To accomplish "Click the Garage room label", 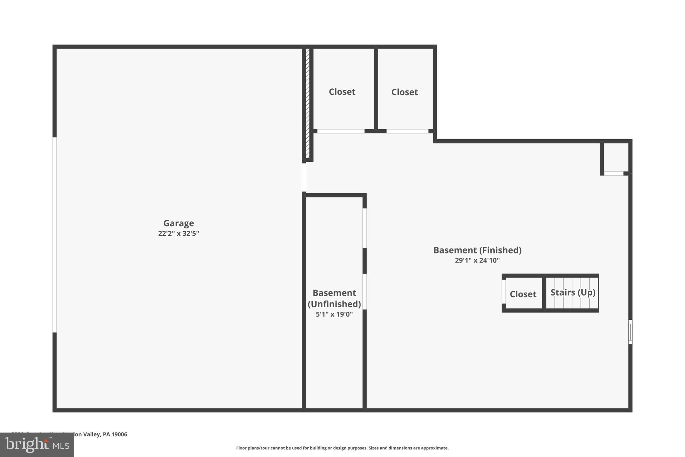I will [178, 223].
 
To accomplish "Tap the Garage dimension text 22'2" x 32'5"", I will [178, 234].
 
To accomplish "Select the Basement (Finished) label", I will [477, 250].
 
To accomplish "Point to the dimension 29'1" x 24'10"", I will [477, 260].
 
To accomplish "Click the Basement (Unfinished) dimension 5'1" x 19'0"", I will [334, 314].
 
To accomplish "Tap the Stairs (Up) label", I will [573, 292].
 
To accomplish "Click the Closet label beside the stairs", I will [523, 294].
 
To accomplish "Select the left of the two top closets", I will [342, 92].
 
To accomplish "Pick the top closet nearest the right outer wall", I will [404, 92].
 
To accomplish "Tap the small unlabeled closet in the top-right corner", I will [615, 157].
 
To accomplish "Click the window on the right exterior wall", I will [630, 332].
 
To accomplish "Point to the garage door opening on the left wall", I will [55, 234].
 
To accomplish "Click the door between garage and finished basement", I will [304, 177].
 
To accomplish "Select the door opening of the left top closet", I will [340, 131].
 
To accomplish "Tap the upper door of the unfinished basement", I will [365, 228].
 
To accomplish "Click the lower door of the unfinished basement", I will [365, 292].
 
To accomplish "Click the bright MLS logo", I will [37, 445].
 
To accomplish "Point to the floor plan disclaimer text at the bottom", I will [342, 448].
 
